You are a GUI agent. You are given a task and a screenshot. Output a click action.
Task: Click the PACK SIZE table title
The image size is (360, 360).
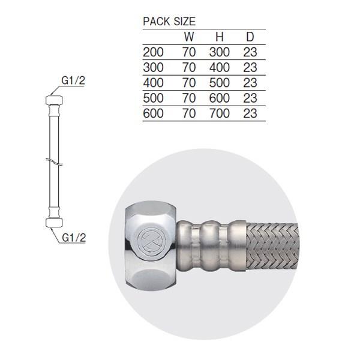pyautogui.click(x=169, y=22)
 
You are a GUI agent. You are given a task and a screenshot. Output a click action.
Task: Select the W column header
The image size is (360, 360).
pyautogui.click(x=189, y=37)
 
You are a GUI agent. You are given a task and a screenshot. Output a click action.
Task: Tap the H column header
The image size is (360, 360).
pyautogui.click(x=220, y=37)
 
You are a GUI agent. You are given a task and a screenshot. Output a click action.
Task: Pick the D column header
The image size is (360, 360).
pyautogui.click(x=250, y=37)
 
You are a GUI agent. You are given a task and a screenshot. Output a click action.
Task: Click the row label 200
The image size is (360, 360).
pyautogui.click(x=153, y=52)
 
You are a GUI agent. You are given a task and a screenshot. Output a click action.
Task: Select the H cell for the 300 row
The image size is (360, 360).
pyautogui.click(x=220, y=67)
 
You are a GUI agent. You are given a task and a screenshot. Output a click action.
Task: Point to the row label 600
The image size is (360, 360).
pyautogui.click(x=153, y=113)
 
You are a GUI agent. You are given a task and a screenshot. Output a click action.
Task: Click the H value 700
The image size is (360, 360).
pyautogui.click(x=220, y=113)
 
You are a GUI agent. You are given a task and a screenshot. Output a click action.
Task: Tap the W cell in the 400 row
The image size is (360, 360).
pyautogui.click(x=189, y=83)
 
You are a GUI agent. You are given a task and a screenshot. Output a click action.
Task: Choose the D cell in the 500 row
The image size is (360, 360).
pyautogui.click(x=250, y=98)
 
